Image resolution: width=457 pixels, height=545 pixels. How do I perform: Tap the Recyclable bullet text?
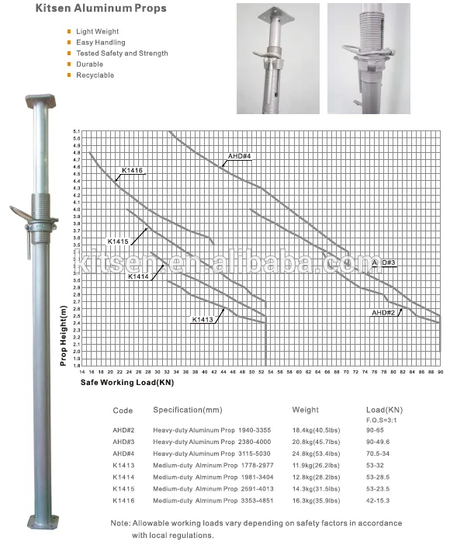pos(95,75)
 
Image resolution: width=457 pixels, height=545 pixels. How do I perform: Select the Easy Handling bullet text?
pos(100,42)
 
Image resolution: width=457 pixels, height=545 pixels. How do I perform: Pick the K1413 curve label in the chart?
pos(203,319)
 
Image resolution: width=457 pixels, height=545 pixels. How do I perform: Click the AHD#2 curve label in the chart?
pos(383,312)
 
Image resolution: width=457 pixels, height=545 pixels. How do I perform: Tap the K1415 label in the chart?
pos(119,241)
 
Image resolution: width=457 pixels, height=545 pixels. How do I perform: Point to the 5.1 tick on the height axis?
pos(76,131)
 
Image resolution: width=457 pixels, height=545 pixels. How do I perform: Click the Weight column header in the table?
pos(305,409)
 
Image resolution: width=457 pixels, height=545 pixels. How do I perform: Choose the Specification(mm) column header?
pos(188,409)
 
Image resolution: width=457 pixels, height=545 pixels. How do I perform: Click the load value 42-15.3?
pos(379,502)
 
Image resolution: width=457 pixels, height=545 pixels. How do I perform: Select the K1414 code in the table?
pos(123,477)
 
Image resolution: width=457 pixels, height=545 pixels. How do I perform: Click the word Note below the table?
pos(119,523)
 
